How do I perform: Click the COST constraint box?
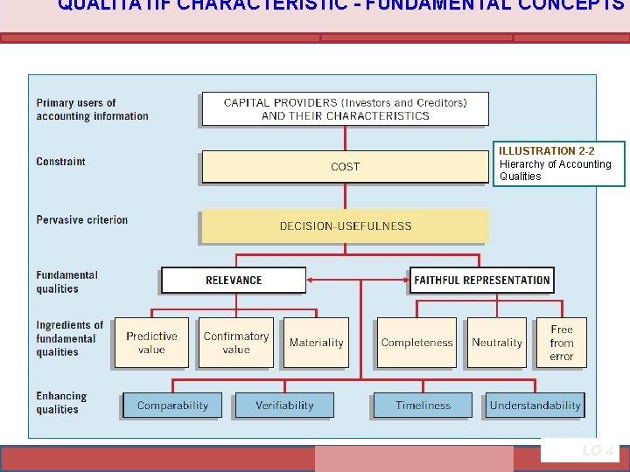tap(345, 166)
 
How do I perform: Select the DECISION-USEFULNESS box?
tap(345, 226)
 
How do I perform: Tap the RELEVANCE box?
tap(234, 280)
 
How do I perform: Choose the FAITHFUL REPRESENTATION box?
tap(482, 280)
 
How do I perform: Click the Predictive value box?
tap(151, 343)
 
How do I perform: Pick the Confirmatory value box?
tap(235, 343)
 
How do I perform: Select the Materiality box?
tap(317, 343)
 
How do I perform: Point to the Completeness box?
tap(417, 343)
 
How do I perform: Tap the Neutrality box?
tap(497, 343)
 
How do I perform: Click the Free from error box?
tap(562, 343)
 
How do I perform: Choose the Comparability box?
tap(173, 405)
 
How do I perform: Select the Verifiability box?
tap(284, 405)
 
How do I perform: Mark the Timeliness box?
tap(423, 405)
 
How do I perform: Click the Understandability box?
tap(535, 405)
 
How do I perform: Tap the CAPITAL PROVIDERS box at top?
tap(345, 109)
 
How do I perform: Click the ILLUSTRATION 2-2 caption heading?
tap(547, 151)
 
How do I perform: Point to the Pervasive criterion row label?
tap(82, 219)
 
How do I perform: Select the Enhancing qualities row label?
tap(61, 402)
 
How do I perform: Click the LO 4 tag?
tap(598, 450)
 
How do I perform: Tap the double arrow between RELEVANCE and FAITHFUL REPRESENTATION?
tap(358, 280)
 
